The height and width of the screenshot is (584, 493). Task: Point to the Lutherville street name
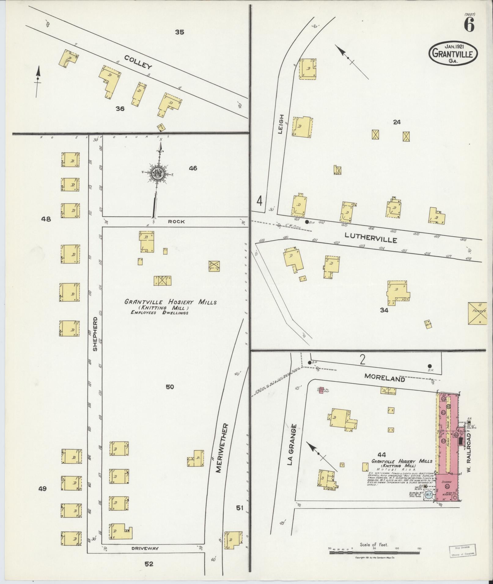[x=371, y=237]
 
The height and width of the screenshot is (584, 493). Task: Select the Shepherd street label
[x=95, y=333]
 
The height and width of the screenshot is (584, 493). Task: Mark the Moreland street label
[x=384, y=378]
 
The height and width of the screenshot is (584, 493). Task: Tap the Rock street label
[x=176, y=222]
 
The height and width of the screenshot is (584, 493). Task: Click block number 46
[x=193, y=168]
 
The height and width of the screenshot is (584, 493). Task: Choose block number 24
[x=397, y=122]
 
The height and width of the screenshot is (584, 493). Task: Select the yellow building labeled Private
[x=477, y=314]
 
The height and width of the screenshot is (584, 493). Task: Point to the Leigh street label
[x=281, y=125]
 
